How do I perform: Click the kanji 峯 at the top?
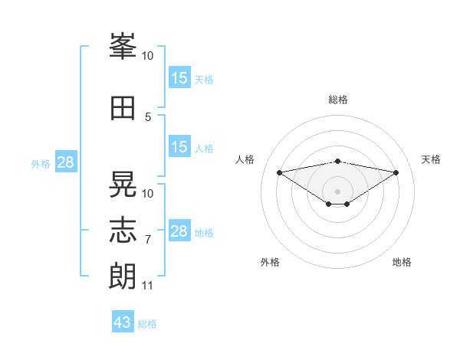tap(123, 46)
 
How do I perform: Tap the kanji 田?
tap(123, 108)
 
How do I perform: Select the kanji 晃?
tap(123, 184)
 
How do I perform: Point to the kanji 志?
tap(123, 230)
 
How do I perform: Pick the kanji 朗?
tap(123, 277)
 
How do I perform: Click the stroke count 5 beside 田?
tap(148, 117)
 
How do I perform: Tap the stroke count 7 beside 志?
tap(148, 240)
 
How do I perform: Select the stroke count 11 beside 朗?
tap(147, 286)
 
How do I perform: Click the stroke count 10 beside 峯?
tap(147, 56)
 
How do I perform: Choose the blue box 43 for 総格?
tap(123, 321)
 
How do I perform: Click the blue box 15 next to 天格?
tap(179, 77)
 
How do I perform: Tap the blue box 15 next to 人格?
tap(179, 146)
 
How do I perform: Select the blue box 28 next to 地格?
tap(179, 230)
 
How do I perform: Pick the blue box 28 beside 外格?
tap(66, 162)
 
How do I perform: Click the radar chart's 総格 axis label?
tap(338, 100)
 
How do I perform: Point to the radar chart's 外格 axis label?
tap(270, 262)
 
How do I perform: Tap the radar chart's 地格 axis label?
tap(402, 262)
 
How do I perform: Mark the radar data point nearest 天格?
tap(396, 172)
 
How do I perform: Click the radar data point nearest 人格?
tap(279, 172)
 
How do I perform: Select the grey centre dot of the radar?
tap(337, 191)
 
